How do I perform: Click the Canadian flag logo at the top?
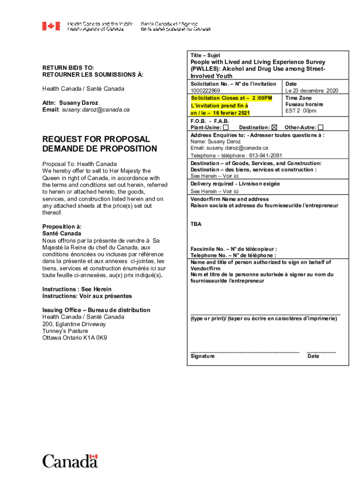coord(51,26)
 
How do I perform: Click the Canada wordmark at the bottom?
coord(70,461)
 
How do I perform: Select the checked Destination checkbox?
coord(274,127)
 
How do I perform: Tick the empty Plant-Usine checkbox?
coord(226,127)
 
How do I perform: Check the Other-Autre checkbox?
coord(320,127)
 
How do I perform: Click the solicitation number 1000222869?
coord(205,91)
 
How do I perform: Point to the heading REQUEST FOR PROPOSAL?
coord(96,139)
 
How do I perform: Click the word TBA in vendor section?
coord(196,225)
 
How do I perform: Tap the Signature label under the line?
coord(202,356)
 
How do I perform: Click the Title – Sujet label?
coord(205,55)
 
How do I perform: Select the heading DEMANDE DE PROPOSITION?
coord(100,149)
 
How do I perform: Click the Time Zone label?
coord(298,98)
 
